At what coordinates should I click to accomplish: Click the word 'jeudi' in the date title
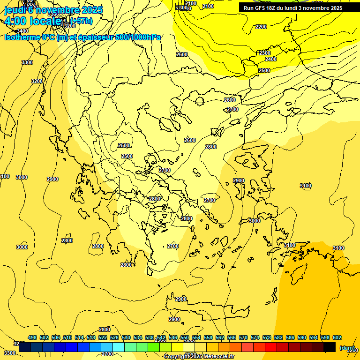[14, 10]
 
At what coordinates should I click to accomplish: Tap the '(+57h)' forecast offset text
[81, 21]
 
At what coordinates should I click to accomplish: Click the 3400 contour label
[22, 31]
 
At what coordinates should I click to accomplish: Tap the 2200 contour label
[261, 27]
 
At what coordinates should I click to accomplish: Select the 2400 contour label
[271, 59]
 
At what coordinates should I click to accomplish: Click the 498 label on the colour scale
[32, 337]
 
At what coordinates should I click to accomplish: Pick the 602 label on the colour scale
[337, 337]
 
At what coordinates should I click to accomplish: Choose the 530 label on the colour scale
[126, 337]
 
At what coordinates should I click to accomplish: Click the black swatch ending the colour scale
[330, 347]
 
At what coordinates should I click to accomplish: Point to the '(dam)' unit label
[347, 347]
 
